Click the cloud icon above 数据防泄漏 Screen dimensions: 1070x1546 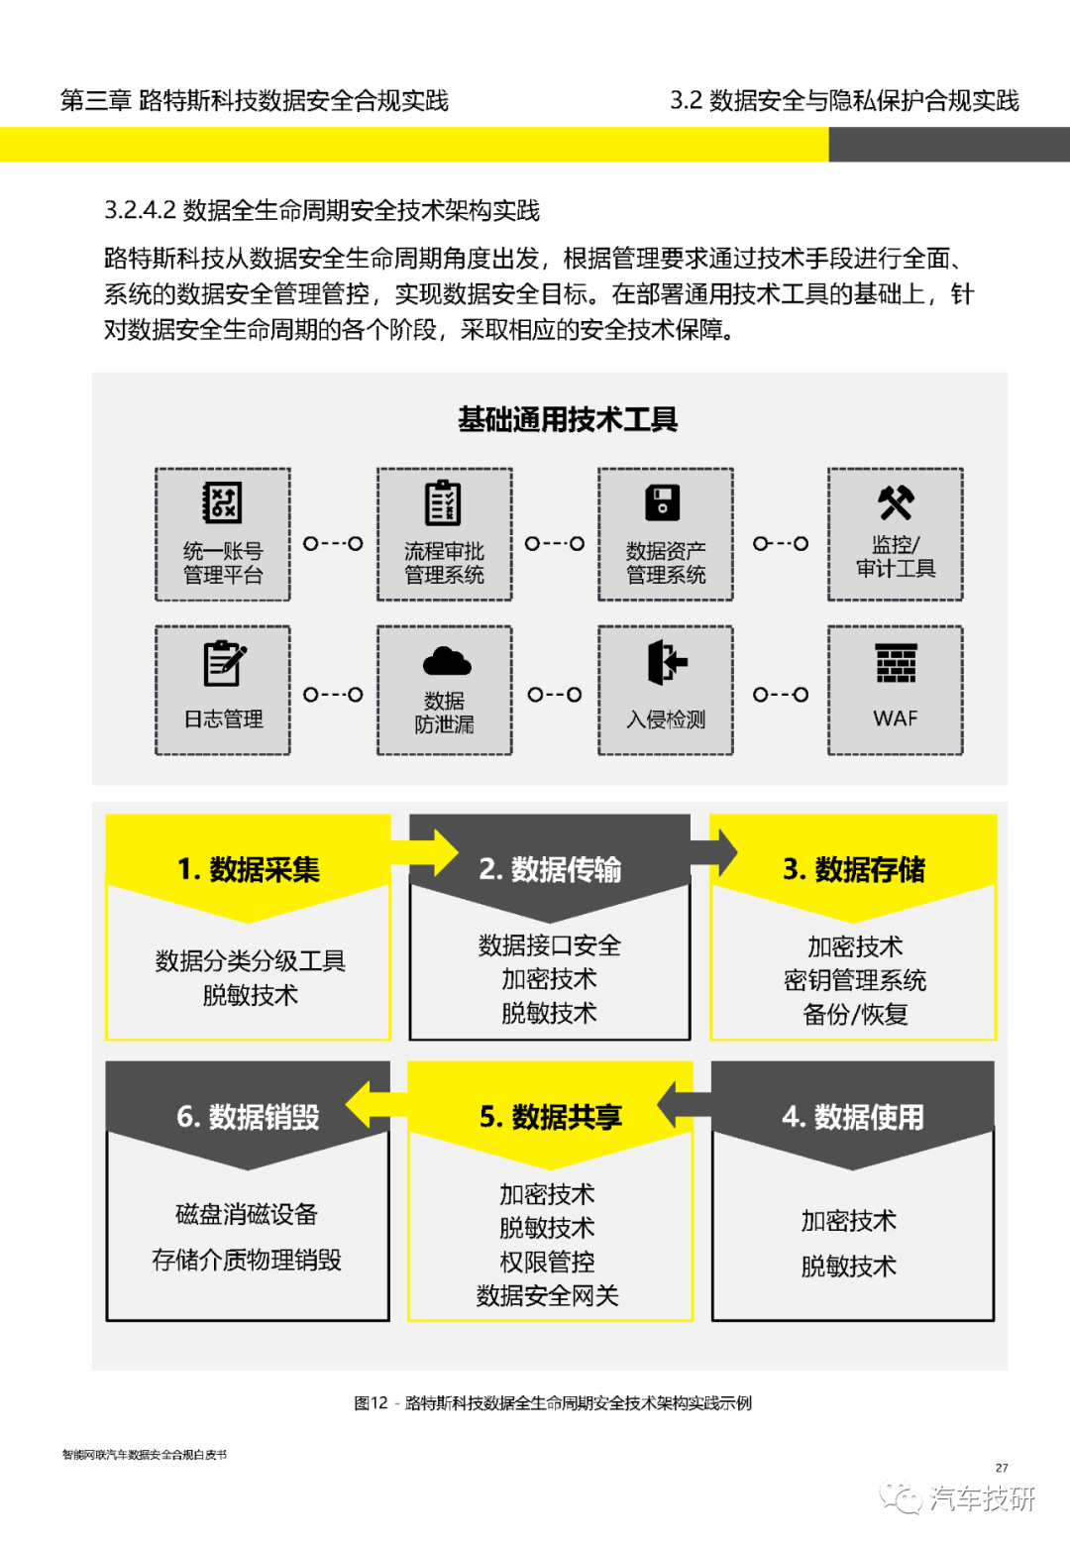pyautogui.click(x=447, y=660)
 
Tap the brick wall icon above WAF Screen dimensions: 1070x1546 pyautogui.click(x=896, y=663)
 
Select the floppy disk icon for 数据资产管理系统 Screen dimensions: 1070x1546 pyautogui.click(x=662, y=502)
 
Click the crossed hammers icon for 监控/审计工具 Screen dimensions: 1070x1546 pyautogui.click(x=896, y=502)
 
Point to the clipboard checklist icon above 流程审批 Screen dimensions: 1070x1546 pyautogui.click(x=443, y=502)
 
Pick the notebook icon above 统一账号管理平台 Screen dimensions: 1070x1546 pyautogui.click(x=222, y=502)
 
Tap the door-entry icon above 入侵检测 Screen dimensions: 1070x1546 pyautogui.click(x=667, y=662)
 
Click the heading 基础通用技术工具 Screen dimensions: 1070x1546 pyautogui.click(x=568, y=419)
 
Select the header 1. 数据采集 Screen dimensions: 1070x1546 pyautogui.click(x=249, y=869)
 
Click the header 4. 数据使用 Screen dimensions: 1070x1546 pyautogui.click(x=853, y=1117)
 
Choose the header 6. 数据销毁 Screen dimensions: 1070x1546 pyautogui.click(x=248, y=1117)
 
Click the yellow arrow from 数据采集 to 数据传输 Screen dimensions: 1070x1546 pyautogui.click(x=425, y=852)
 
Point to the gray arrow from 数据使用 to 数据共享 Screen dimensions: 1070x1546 pyautogui.click(x=684, y=1104)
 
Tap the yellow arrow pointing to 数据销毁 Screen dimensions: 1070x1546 pyautogui.click(x=376, y=1104)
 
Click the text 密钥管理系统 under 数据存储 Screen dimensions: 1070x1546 pyautogui.click(x=855, y=980)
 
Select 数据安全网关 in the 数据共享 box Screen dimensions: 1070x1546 pyautogui.click(x=548, y=1295)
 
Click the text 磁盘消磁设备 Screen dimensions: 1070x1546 pyautogui.click(x=247, y=1214)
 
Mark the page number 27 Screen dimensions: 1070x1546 pyautogui.click(x=1002, y=1468)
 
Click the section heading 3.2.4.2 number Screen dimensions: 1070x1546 pyautogui.click(x=140, y=210)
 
